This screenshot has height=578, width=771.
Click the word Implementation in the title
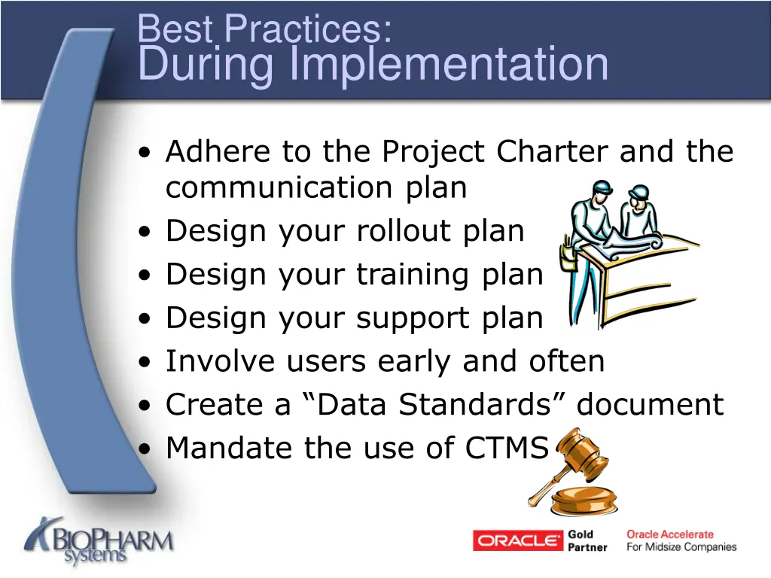coord(449,64)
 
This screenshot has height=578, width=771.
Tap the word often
coord(565,361)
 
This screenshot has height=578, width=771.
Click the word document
coord(650,405)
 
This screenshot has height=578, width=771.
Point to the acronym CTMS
coord(507,449)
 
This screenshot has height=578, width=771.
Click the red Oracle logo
coord(518,540)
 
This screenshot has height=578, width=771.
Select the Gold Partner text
coord(587,540)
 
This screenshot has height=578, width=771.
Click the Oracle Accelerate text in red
coord(669,534)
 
